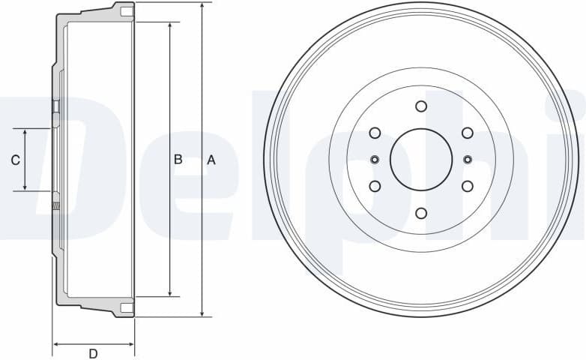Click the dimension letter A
211,159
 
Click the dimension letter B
178,159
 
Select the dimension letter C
14,160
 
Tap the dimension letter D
93,354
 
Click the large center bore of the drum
421,159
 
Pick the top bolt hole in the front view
421,106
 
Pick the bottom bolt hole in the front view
421,213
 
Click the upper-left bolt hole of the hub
375,133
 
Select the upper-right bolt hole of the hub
467,133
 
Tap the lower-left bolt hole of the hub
375,185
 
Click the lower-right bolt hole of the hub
467,185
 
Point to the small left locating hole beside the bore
375,159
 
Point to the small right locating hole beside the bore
468,159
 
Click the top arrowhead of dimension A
202,6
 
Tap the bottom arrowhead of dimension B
170,292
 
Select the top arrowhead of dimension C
25,133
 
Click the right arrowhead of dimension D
130,345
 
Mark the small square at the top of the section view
127,11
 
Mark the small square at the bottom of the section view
127,307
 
